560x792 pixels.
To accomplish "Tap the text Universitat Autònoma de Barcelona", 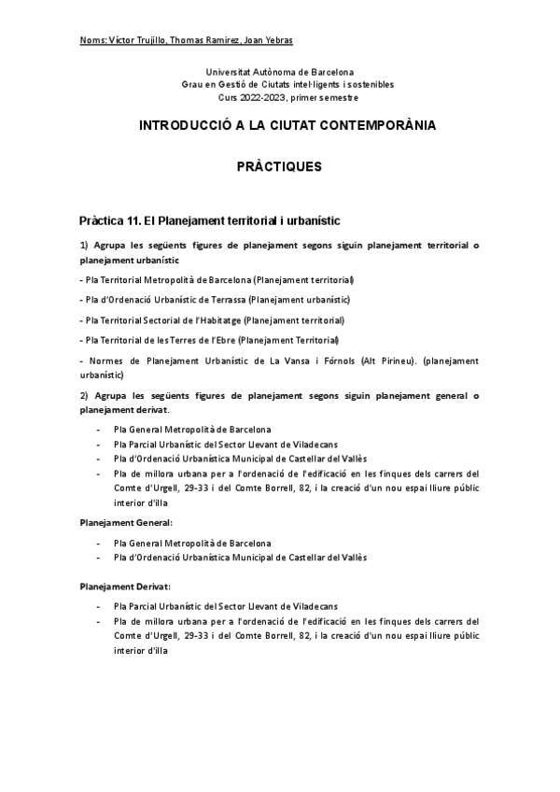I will (x=287, y=72).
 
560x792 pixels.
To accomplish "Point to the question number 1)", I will (x=85, y=246).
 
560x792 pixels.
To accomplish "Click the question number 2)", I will (x=85, y=396).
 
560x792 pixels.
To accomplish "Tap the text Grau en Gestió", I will (x=211, y=84).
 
